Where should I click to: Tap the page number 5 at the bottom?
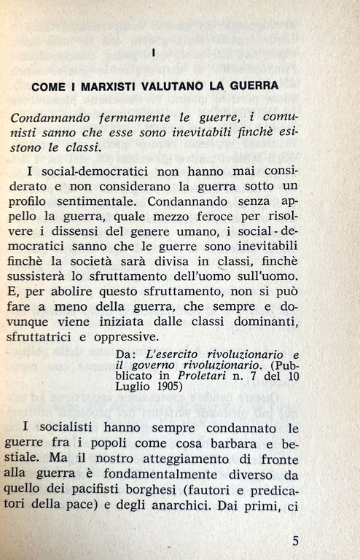coord(295,541)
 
